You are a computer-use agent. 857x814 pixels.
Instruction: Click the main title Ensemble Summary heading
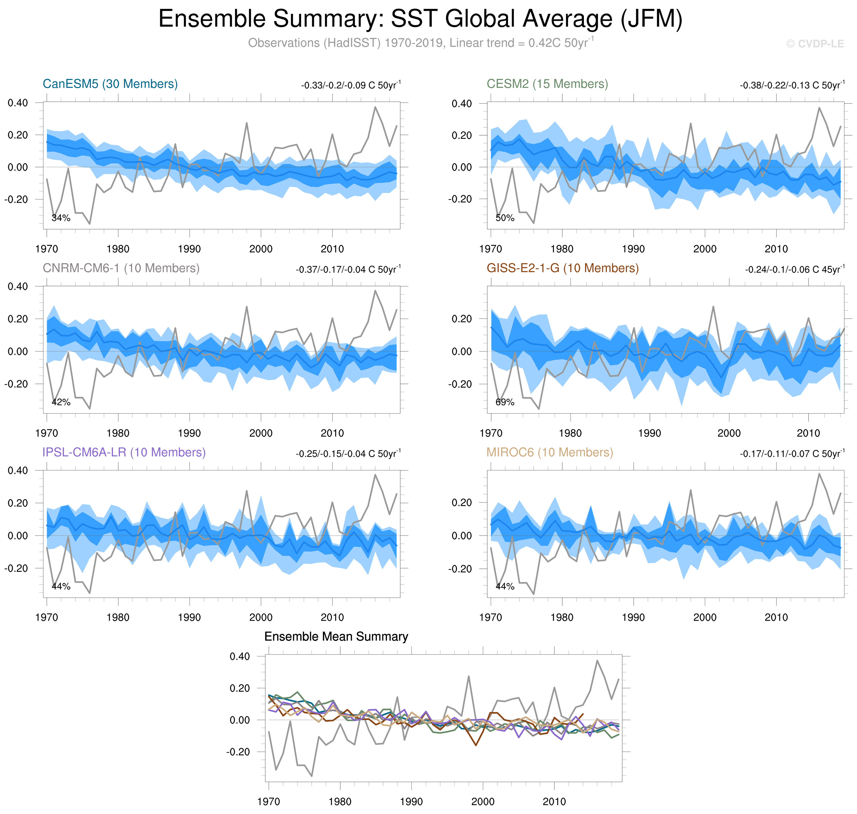[420, 19]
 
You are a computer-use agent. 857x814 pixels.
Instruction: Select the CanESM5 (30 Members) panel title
[110, 84]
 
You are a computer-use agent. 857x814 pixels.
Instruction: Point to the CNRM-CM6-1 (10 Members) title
[121, 268]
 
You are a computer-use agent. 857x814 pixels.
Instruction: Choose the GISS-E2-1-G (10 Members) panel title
[562, 268]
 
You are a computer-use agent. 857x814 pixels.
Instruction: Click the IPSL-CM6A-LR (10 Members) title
[124, 452]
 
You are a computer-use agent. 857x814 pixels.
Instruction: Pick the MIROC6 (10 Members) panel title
[549, 452]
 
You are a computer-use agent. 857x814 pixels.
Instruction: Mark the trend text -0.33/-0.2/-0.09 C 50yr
[350, 85]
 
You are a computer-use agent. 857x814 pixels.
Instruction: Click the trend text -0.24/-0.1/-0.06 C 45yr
[795, 269]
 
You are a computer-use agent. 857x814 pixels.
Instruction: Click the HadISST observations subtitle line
[420, 43]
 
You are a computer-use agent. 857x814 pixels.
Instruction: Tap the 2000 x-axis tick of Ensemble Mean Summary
[483, 801]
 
